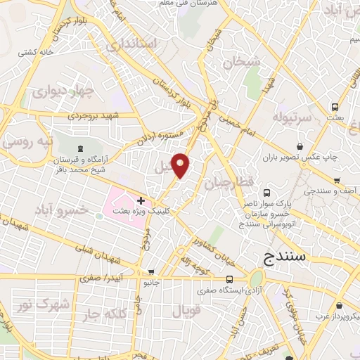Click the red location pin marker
coord(181,165)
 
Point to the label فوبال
coord(186,310)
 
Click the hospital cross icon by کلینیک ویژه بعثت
coord(141,201)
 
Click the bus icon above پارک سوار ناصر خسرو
coord(266,192)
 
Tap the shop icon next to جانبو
coord(150,272)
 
